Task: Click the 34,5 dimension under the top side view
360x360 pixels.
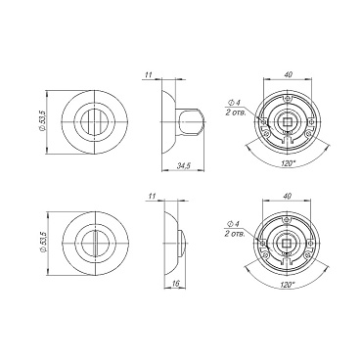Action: (x=184, y=166)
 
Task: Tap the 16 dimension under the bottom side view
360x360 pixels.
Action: (x=175, y=284)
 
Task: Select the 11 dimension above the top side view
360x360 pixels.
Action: (x=149, y=74)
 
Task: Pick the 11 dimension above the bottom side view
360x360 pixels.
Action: (x=152, y=197)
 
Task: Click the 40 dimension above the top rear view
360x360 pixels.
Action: (x=288, y=74)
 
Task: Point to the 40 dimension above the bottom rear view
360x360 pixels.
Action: (x=288, y=196)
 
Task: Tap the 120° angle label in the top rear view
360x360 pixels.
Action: (x=288, y=163)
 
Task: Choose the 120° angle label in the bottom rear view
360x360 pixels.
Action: (x=287, y=285)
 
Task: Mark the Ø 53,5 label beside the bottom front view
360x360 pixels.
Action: (x=44, y=243)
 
